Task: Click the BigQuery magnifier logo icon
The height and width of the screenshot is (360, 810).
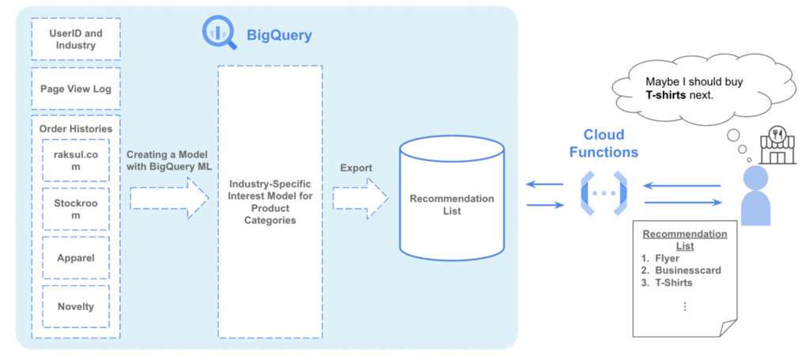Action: [x=220, y=33]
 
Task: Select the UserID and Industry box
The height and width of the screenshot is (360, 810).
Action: [x=76, y=40]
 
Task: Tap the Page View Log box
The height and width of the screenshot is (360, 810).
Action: [x=76, y=89]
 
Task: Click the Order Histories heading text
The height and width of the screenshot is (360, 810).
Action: [x=76, y=129]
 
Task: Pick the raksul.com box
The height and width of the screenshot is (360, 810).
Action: [x=76, y=161]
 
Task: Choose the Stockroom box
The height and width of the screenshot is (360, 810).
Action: [x=76, y=209]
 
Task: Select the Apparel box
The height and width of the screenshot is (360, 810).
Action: [x=76, y=257]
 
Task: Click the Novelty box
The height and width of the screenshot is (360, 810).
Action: [x=76, y=306]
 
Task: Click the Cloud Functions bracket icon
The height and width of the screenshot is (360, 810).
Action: [x=604, y=192]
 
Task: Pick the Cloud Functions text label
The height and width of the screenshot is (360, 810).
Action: [x=611, y=142]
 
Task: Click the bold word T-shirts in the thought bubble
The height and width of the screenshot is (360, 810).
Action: [x=667, y=95]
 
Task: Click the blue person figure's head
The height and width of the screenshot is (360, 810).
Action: [x=755, y=177]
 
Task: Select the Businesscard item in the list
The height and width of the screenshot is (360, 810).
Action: [x=687, y=271]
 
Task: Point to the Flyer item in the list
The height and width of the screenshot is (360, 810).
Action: [x=667, y=258]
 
